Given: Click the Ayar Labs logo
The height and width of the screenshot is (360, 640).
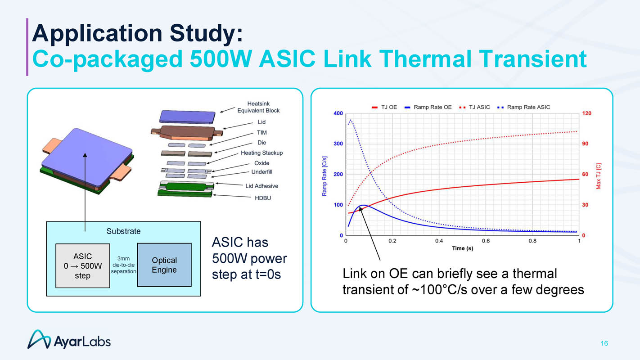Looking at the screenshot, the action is coord(69,340).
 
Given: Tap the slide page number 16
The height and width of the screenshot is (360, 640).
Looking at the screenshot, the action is coord(604,343).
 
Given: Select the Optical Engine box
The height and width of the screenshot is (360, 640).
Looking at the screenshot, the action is coord(164,265).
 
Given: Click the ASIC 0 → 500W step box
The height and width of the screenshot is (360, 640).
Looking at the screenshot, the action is coord(82,265).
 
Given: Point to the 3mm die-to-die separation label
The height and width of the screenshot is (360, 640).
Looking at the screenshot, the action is coord(123,265).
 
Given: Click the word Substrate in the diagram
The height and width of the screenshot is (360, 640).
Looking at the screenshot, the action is coord(123,231).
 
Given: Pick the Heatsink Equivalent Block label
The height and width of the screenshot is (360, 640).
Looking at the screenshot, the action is coord(258,107).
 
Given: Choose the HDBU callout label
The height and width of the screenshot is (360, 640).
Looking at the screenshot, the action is coord(263,198).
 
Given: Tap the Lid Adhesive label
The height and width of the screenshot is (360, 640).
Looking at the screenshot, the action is coord(261,186).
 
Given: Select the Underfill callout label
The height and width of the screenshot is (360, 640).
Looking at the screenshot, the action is coord(261,172).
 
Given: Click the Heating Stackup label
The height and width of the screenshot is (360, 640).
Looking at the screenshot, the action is coord(261,153).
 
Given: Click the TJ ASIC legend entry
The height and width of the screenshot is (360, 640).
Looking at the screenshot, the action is coord(474,107).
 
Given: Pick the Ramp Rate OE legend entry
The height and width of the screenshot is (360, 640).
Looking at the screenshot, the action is coord(428,107).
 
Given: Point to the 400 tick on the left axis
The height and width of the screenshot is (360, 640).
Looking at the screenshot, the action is coord(338,113).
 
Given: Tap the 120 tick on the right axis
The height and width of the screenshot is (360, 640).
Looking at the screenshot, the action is coord(586,113).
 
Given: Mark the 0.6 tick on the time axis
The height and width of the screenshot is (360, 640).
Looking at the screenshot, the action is coord(486,241).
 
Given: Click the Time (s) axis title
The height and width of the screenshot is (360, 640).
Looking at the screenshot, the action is coord(462,248).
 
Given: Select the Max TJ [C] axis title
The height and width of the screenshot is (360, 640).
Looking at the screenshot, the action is coord(599,176).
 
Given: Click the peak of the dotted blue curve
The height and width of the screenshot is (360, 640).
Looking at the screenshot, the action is coord(351,120).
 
